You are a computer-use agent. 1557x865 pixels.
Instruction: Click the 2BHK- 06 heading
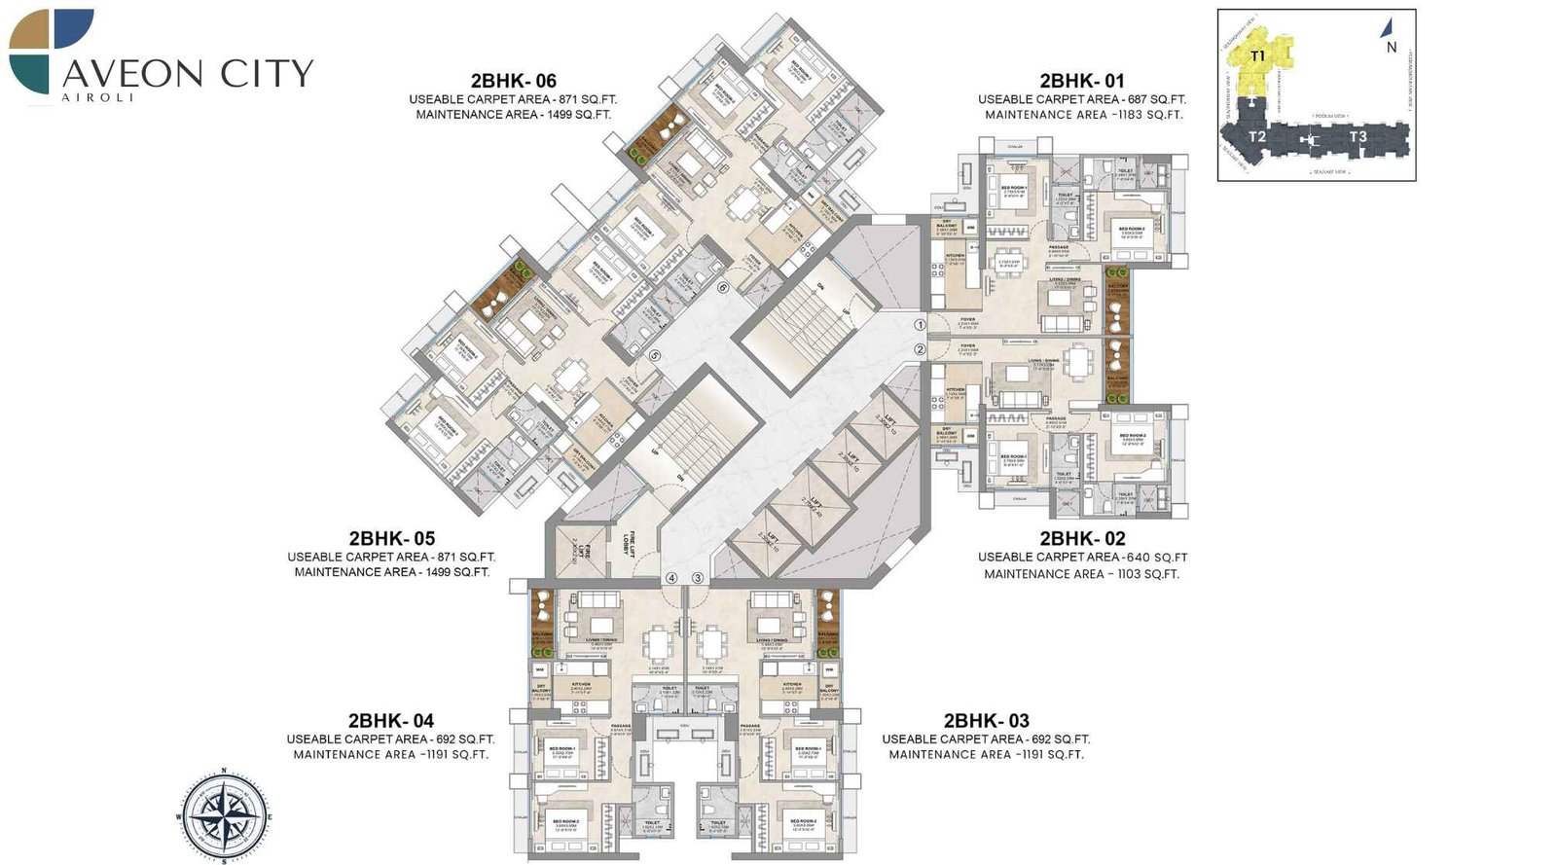[x=513, y=81]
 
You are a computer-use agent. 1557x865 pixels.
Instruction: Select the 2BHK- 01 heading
[x=1081, y=81]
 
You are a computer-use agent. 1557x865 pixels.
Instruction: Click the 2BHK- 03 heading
[x=986, y=721]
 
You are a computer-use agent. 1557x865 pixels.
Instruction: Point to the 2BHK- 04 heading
[x=390, y=721]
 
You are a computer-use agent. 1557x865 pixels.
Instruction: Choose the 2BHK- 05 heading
[x=391, y=538]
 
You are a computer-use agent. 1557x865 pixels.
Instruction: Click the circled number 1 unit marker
[x=920, y=325]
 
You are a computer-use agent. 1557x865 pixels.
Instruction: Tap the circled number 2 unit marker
[x=920, y=348]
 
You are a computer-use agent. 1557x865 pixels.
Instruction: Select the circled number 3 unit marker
[x=698, y=578]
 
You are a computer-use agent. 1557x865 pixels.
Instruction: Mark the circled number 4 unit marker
[x=671, y=578]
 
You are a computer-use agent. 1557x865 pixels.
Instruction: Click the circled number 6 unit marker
[x=723, y=288]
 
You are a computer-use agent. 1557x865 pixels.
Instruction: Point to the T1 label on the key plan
[x=1257, y=56]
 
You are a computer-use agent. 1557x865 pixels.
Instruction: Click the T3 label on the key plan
[x=1358, y=137]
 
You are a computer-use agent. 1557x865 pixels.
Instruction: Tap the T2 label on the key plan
[x=1256, y=137]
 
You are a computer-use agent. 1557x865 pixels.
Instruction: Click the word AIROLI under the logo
[x=97, y=97]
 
